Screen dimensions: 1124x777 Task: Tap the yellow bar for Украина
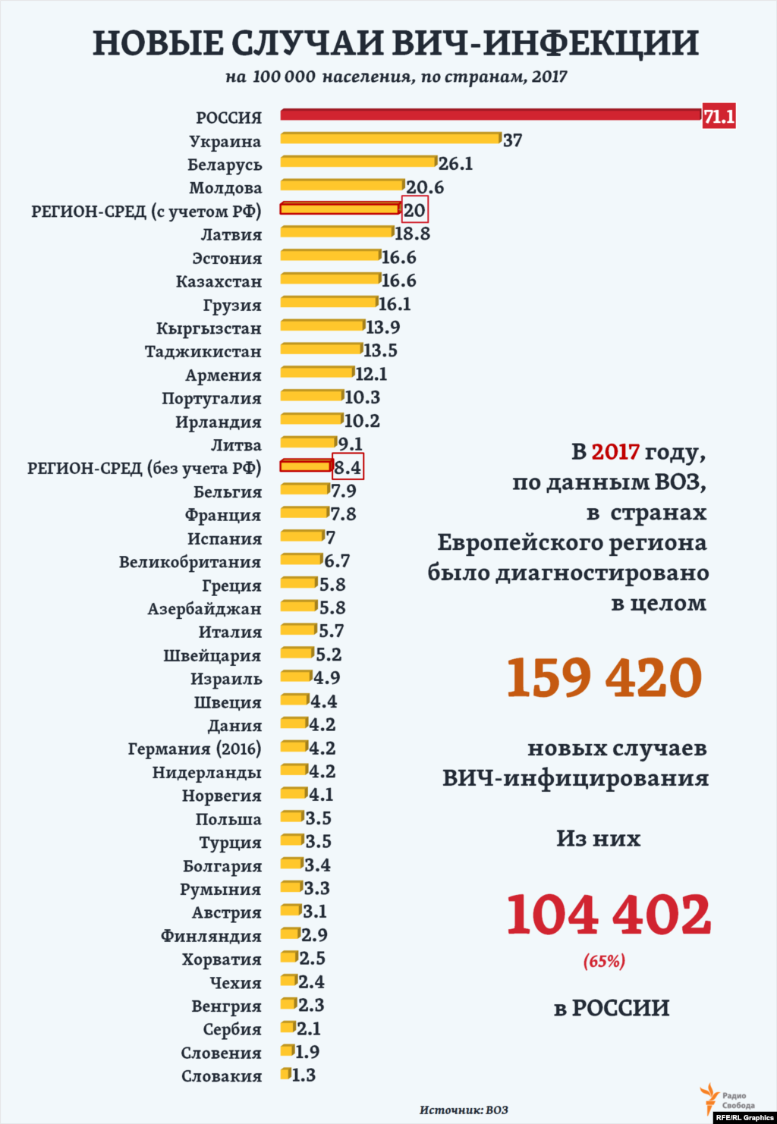click(x=391, y=138)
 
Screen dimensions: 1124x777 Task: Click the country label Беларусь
click(x=225, y=165)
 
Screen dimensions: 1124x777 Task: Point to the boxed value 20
click(x=414, y=210)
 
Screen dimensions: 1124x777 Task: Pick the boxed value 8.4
click(x=348, y=467)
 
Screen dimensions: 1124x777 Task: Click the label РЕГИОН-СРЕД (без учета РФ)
click(x=144, y=469)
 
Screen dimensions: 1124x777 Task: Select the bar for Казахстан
click(x=330, y=278)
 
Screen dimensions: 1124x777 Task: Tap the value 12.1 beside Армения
click(x=371, y=374)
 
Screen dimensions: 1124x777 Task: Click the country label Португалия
click(x=211, y=399)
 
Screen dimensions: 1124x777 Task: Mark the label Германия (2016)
click(x=194, y=749)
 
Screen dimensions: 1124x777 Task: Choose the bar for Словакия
click(x=285, y=1074)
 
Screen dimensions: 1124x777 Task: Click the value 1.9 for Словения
click(x=307, y=1052)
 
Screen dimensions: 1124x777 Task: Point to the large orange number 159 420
click(x=604, y=677)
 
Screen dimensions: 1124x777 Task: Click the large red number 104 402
click(x=609, y=915)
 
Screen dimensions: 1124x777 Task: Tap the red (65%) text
click(x=604, y=962)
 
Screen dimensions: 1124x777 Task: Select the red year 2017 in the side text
click(x=615, y=452)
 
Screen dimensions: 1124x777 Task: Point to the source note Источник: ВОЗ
click(x=464, y=1110)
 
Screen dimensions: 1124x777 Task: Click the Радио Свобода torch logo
click(x=709, y=1097)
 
